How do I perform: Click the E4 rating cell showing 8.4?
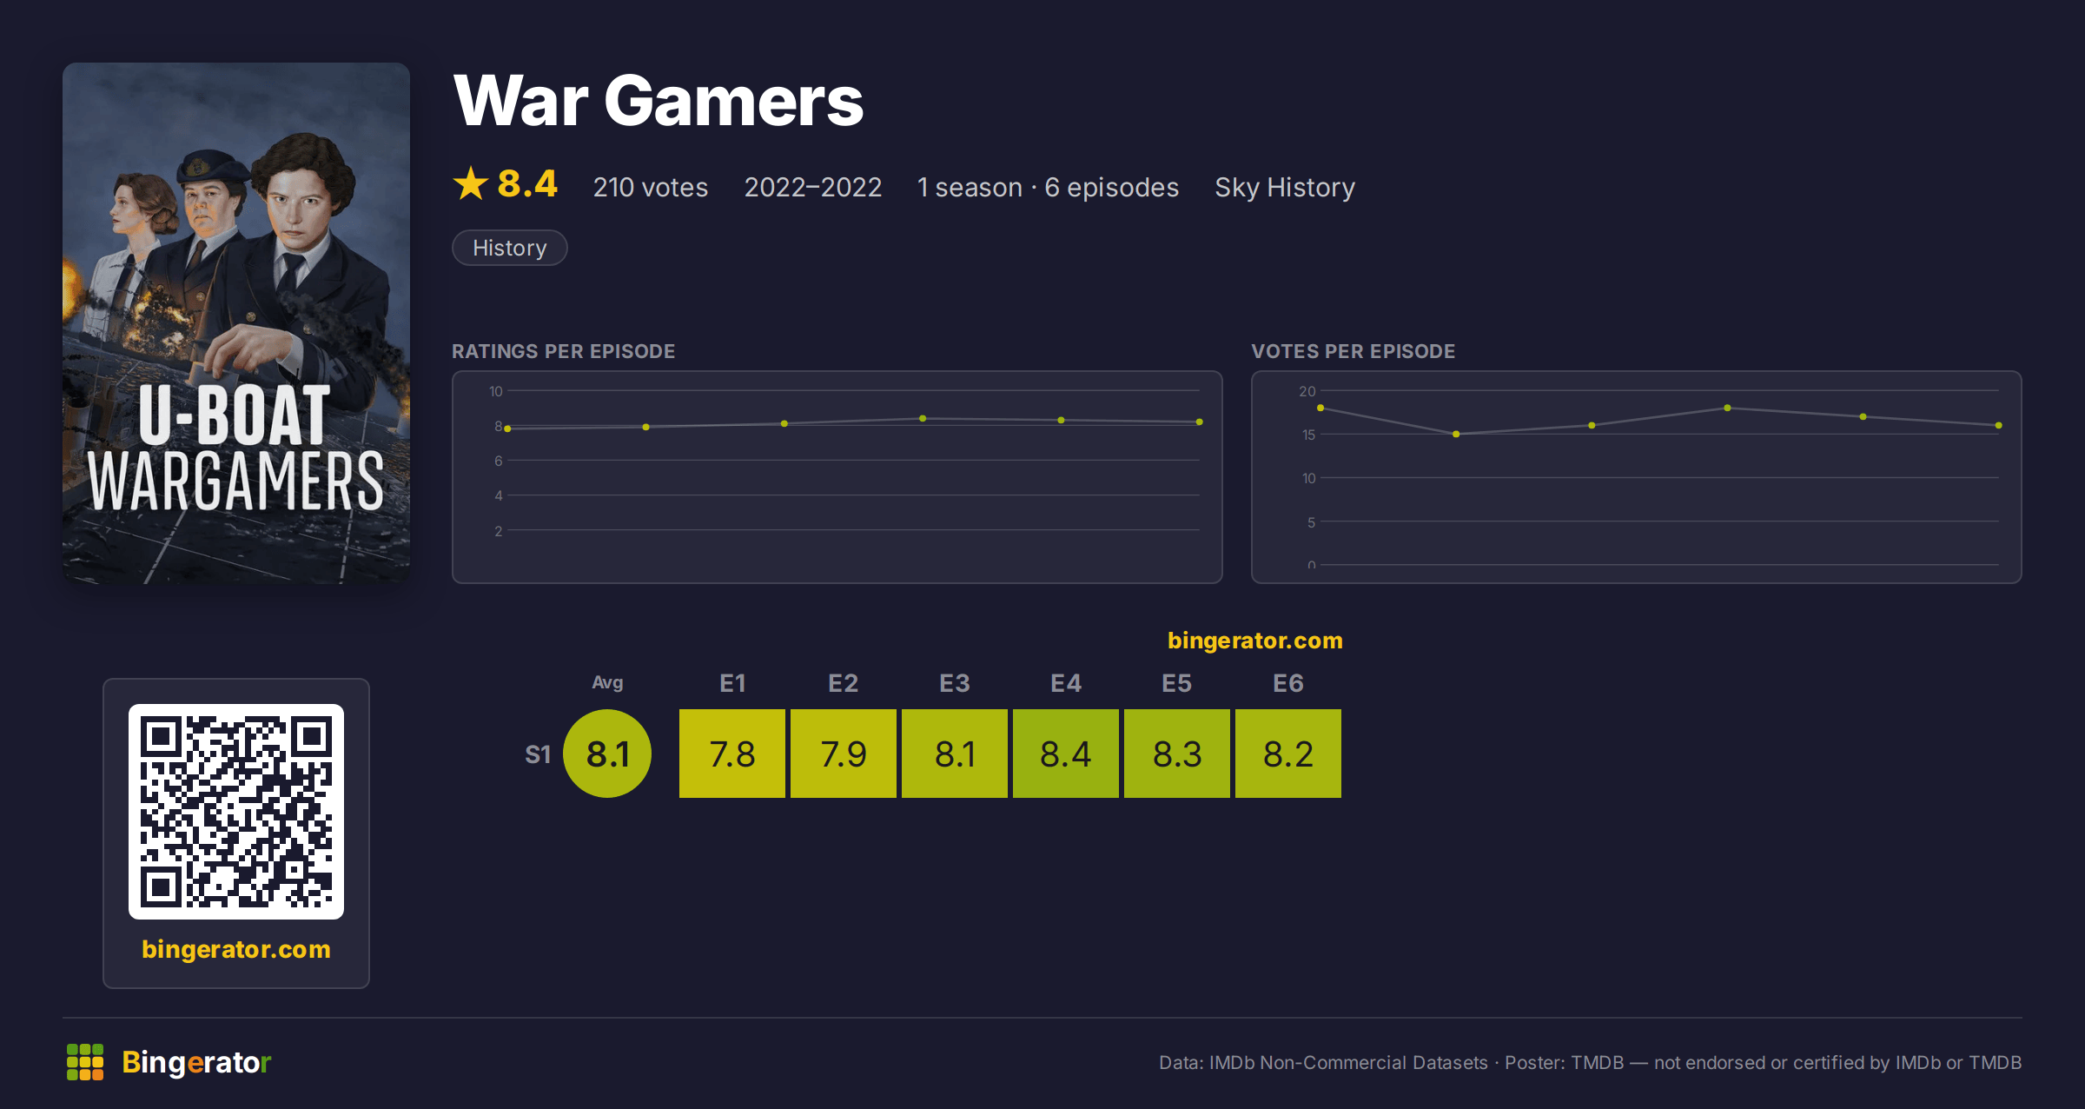[x=1066, y=754]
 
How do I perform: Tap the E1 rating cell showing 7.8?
[x=732, y=754]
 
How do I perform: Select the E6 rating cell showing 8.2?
[x=1288, y=754]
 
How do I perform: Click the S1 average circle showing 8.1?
[x=607, y=754]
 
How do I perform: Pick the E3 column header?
[x=955, y=683]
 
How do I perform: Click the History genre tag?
[x=510, y=248]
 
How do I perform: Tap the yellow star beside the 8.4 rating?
[x=471, y=183]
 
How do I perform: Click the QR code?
[x=236, y=812]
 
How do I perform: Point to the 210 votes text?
[x=651, y=188]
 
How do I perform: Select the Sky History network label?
[x=1285, y=188]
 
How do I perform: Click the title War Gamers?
[x=659, y=101]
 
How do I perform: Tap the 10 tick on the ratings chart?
[x=496, y=391]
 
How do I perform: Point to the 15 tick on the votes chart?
[x=1308, y=435]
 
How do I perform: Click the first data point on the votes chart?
[x=1320, y=408]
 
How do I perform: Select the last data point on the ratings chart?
[x=1200, y=422]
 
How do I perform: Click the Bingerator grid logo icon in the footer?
[x=85, y=1062]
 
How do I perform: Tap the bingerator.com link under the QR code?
[x=236, y=949]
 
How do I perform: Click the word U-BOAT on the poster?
[x=235, y=415]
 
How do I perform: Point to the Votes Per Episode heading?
[x=1353, y=351]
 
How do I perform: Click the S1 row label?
[x=538, y=754]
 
